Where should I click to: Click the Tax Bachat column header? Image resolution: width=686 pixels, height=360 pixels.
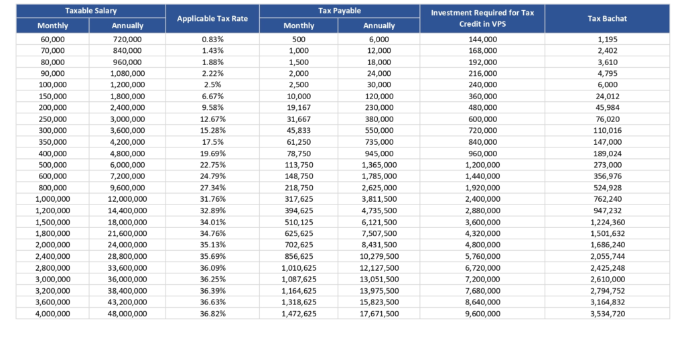pos(607,18)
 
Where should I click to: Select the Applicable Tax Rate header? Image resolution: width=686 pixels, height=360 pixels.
pos(212,18)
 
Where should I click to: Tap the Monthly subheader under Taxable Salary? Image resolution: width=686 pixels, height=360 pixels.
pos(52,25)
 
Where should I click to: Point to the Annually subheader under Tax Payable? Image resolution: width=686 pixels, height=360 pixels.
pos(379,25)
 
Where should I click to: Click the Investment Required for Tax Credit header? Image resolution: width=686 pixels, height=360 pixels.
pos(482,18)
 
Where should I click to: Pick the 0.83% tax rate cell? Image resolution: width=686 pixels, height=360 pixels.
pos(212,39)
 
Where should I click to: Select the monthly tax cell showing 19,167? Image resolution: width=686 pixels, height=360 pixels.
pos(299,107)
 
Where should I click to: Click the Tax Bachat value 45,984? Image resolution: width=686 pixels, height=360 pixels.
pos(608,107)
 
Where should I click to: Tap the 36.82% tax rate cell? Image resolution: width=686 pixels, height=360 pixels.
pos(212,314)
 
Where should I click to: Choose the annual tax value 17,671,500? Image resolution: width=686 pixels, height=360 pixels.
pos(379,314)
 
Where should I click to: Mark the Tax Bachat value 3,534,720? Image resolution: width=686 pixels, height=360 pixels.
pos(608,314)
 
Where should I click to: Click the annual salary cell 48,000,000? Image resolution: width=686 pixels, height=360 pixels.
pos(127,314)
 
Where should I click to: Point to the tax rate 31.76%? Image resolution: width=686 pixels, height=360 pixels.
pos(212,199)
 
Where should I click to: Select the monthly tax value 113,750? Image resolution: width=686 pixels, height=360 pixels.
pos(299,165)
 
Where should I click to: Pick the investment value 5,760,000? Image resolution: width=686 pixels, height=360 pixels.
pos(482,256)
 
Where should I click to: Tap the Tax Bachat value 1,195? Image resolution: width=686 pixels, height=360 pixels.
pos(608,39)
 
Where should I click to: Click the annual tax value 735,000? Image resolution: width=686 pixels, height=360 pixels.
pos(379,142)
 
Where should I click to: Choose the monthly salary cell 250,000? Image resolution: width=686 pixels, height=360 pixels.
pos(52,119)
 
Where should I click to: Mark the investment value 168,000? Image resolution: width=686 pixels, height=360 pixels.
pos(482,50)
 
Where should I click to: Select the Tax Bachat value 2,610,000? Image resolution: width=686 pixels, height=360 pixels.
pos(608,279)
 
